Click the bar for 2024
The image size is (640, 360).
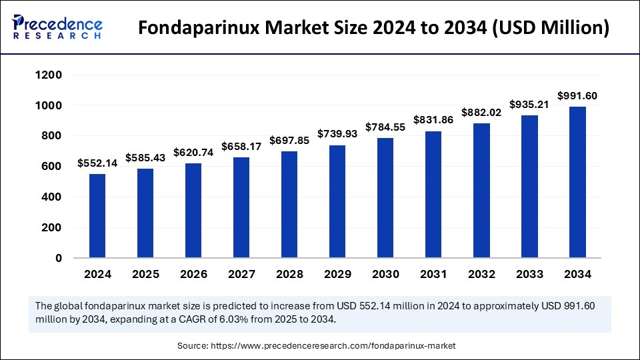pyautogui.click(x=97, y=215)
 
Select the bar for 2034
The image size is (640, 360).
pyautogui.click(x=577, y=182)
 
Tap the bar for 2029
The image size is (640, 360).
pyautogui.click(x=337, y=201)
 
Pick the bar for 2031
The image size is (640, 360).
pyautogui.click(x=433, y=194)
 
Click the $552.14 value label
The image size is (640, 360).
pyautogui.click(x=97, y=163)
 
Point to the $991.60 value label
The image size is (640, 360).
pyautogui.click(x=577, y=96)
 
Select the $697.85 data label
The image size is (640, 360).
pyautogui.click(x=289, y=141)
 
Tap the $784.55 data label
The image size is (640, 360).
pyautogui.click(x=385, y=127)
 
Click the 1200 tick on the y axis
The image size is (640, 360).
pyautogui.click(x=49, y=75)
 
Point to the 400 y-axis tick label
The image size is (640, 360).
pyautogui.click(x=53, y=197)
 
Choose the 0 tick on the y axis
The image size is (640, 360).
pyautogui.click(x=59, y=258)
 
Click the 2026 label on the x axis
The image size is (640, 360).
pyautogui.click(x=193, y=274)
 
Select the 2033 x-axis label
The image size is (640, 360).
pyautogui.click(x=529, y=274)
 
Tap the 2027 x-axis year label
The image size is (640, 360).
pyautogui.click(x=241, y=274)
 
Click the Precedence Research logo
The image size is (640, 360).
pyautogui.click(x=57, y=27)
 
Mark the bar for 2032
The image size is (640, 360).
pyautogui.click(x=481, y=190)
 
